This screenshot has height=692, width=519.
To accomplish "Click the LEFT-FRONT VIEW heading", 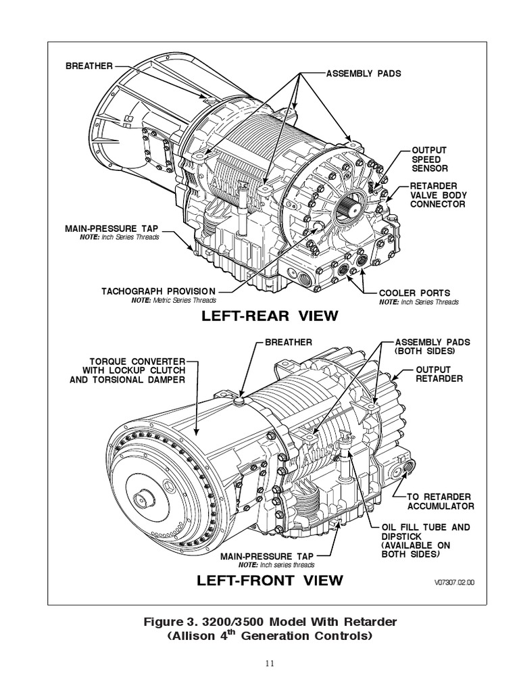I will tap(260, 580).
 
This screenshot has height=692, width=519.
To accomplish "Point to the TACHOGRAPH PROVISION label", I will tap(157, 291).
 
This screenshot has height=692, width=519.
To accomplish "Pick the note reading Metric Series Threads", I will tap(174, 300).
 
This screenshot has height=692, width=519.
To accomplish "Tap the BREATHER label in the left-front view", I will tap(289, 343).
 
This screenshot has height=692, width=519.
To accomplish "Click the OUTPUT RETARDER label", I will tap(439, 374).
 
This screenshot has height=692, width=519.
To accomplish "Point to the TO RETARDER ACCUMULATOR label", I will tap(440, 501).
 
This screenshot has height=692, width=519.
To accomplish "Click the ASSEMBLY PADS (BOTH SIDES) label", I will tap(432, 347).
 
